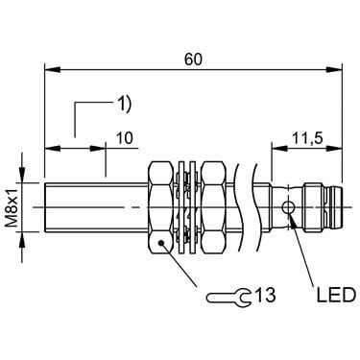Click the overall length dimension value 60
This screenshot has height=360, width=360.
coord(193,60)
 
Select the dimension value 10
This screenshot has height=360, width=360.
coord(124,138)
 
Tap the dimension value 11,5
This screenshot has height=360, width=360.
coord(307,138)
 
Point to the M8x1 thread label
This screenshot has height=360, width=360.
coord(12,207)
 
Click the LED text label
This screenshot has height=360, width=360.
coord(336,295)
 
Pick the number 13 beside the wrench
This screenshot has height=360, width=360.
coord(265,295)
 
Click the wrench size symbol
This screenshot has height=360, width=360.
coord(228,298)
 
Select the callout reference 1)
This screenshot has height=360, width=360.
coord(123,105)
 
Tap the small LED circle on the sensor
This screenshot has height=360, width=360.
coord(288,207)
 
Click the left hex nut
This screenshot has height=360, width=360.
coord(160,207)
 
